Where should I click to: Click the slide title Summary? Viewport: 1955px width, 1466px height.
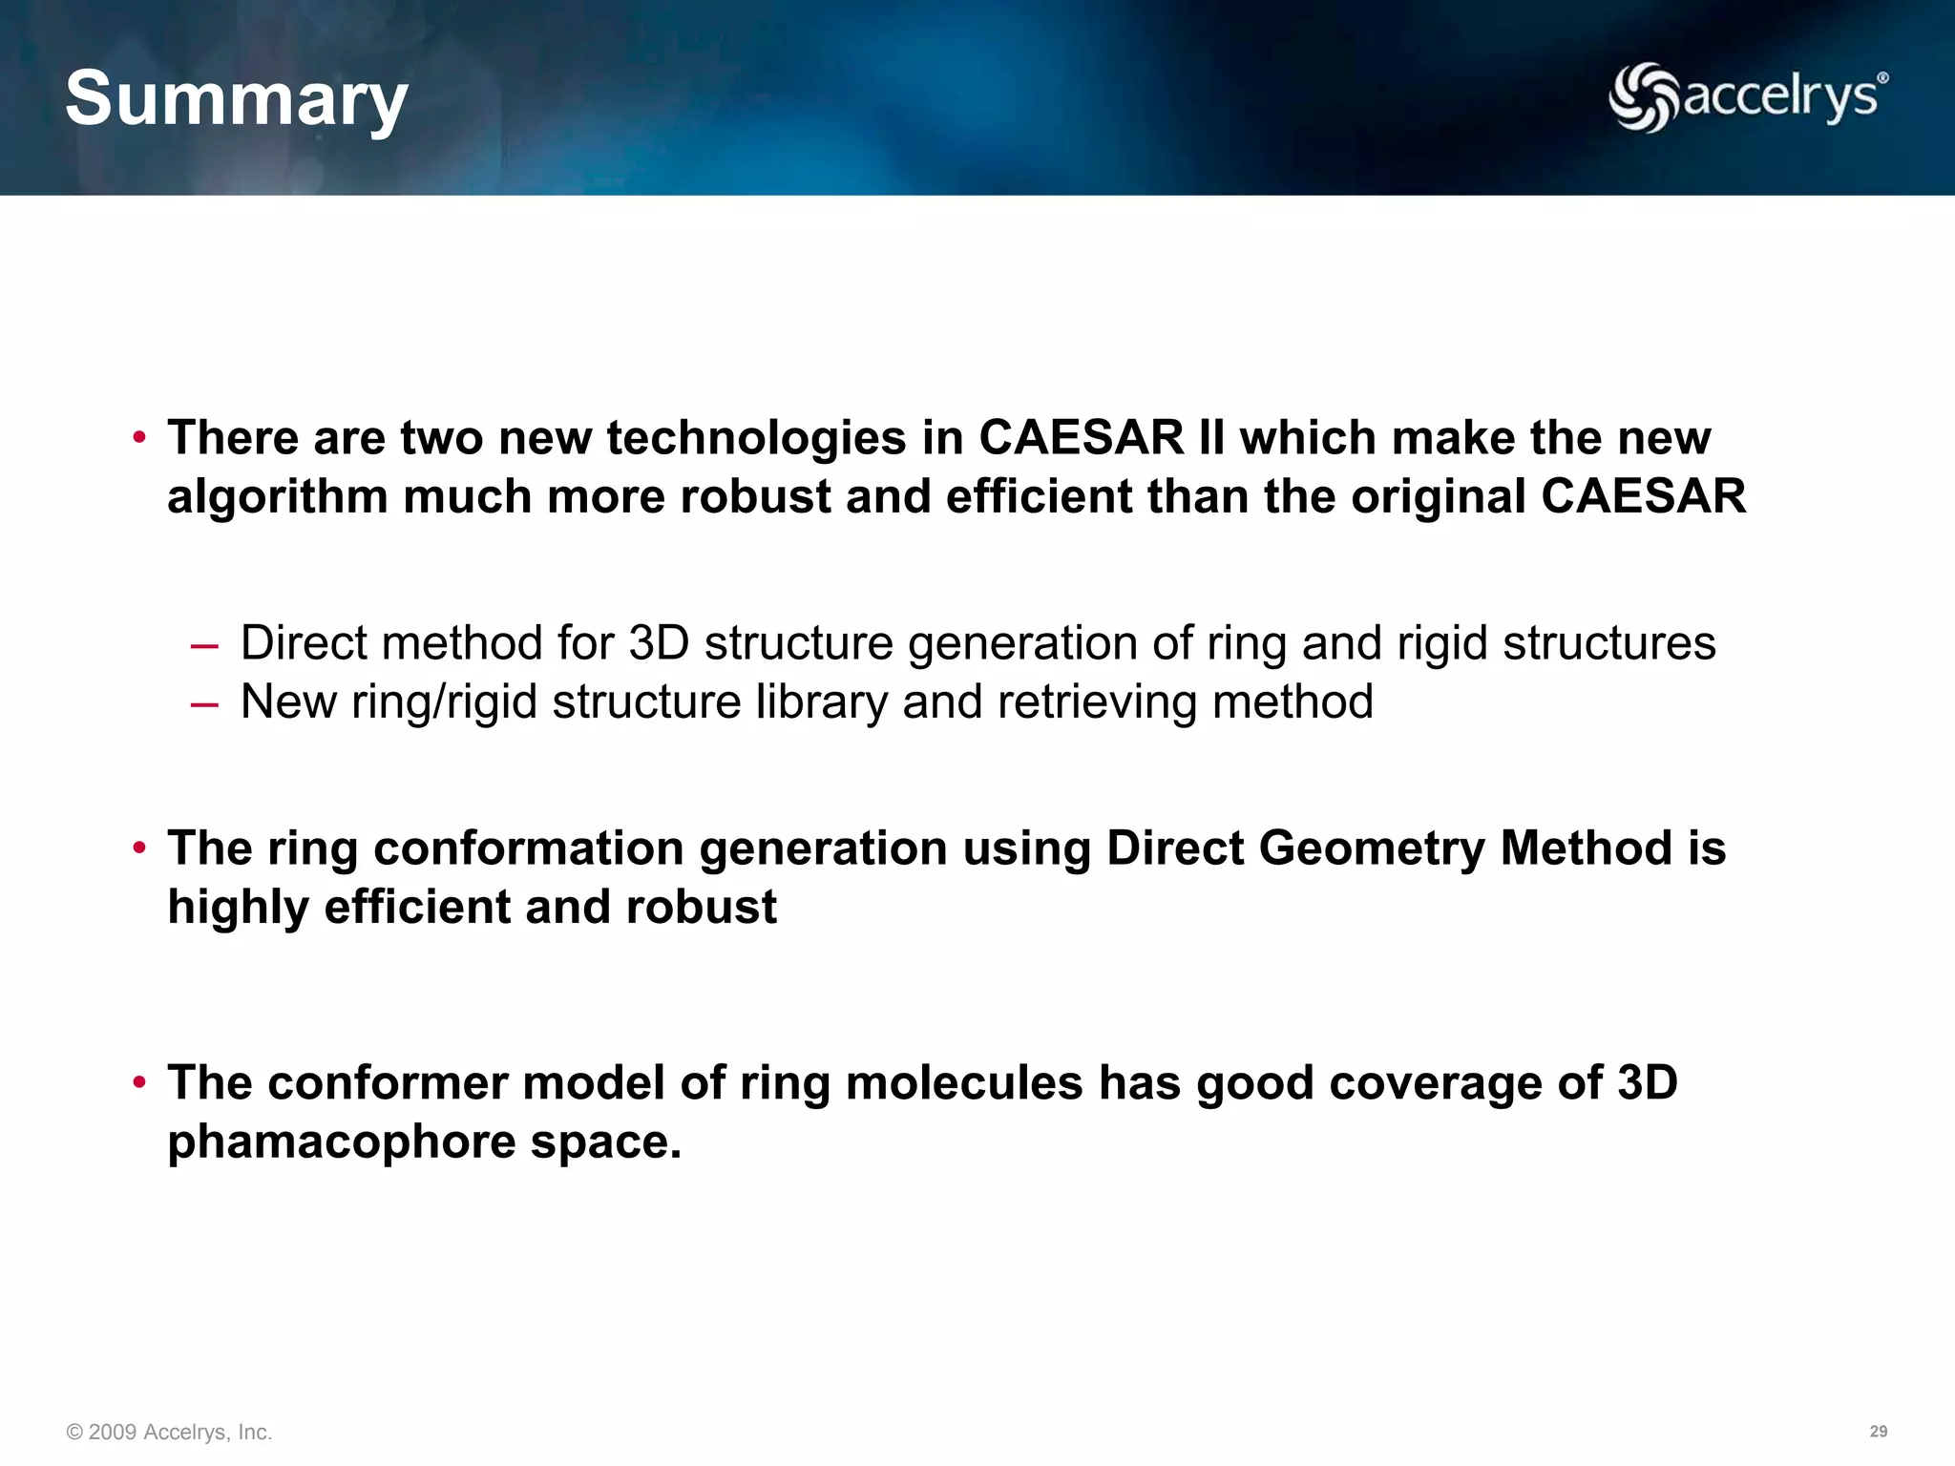(x=236, y=99)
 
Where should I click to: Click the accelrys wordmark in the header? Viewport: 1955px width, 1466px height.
(x=1779, y=97)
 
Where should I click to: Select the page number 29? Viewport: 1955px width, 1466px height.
(x=1878, y=1432)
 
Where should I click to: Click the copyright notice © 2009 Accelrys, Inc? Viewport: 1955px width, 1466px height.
(x=169, y=1432)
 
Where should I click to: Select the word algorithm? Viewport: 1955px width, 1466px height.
(x=277, y=497)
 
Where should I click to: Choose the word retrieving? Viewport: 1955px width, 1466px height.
(x=1097, y=702)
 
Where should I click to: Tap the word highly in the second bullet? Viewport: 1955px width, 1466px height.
(x=238, y=908)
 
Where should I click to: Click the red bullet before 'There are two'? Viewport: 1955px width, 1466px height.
(x=139, y=438)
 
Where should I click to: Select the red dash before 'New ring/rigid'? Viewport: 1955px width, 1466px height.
(x=204, y=704)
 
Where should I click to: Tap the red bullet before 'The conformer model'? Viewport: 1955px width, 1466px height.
(x=139, y=1082)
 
